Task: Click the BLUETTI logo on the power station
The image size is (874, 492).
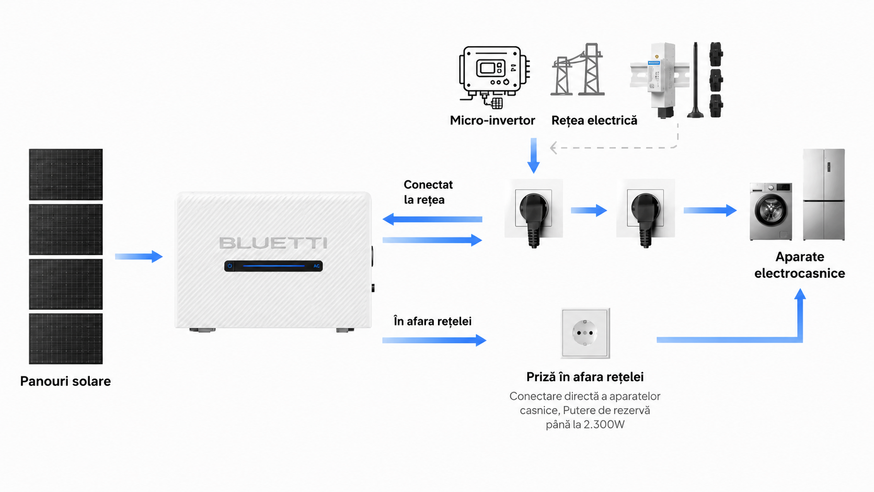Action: click(273, 243)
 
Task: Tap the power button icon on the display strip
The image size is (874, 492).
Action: click(230, 266)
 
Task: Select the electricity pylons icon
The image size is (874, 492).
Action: click(578, 70)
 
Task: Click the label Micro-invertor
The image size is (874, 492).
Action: click(492, 120)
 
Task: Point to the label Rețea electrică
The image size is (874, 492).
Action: click(594, 120)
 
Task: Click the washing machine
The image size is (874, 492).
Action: click(771, 211)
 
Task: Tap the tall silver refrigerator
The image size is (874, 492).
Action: click(824, 194)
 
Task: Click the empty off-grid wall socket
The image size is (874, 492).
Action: click(585, 333)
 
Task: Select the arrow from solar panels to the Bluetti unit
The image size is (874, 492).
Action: click(139, 256)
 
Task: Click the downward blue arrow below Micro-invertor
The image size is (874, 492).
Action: click(533, 155)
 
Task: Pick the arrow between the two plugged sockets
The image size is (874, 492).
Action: click(589, 210)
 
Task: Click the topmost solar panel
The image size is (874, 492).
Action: click(65, 174)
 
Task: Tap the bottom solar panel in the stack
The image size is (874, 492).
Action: click(65, 338)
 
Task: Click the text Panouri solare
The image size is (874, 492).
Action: click(65, 381)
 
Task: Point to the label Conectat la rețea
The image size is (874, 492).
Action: click(428, 192)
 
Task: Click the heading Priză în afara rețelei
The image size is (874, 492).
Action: click(585, 377)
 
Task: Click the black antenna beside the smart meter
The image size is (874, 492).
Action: click(695, 80)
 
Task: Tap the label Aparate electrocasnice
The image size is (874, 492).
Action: click(799, 265)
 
